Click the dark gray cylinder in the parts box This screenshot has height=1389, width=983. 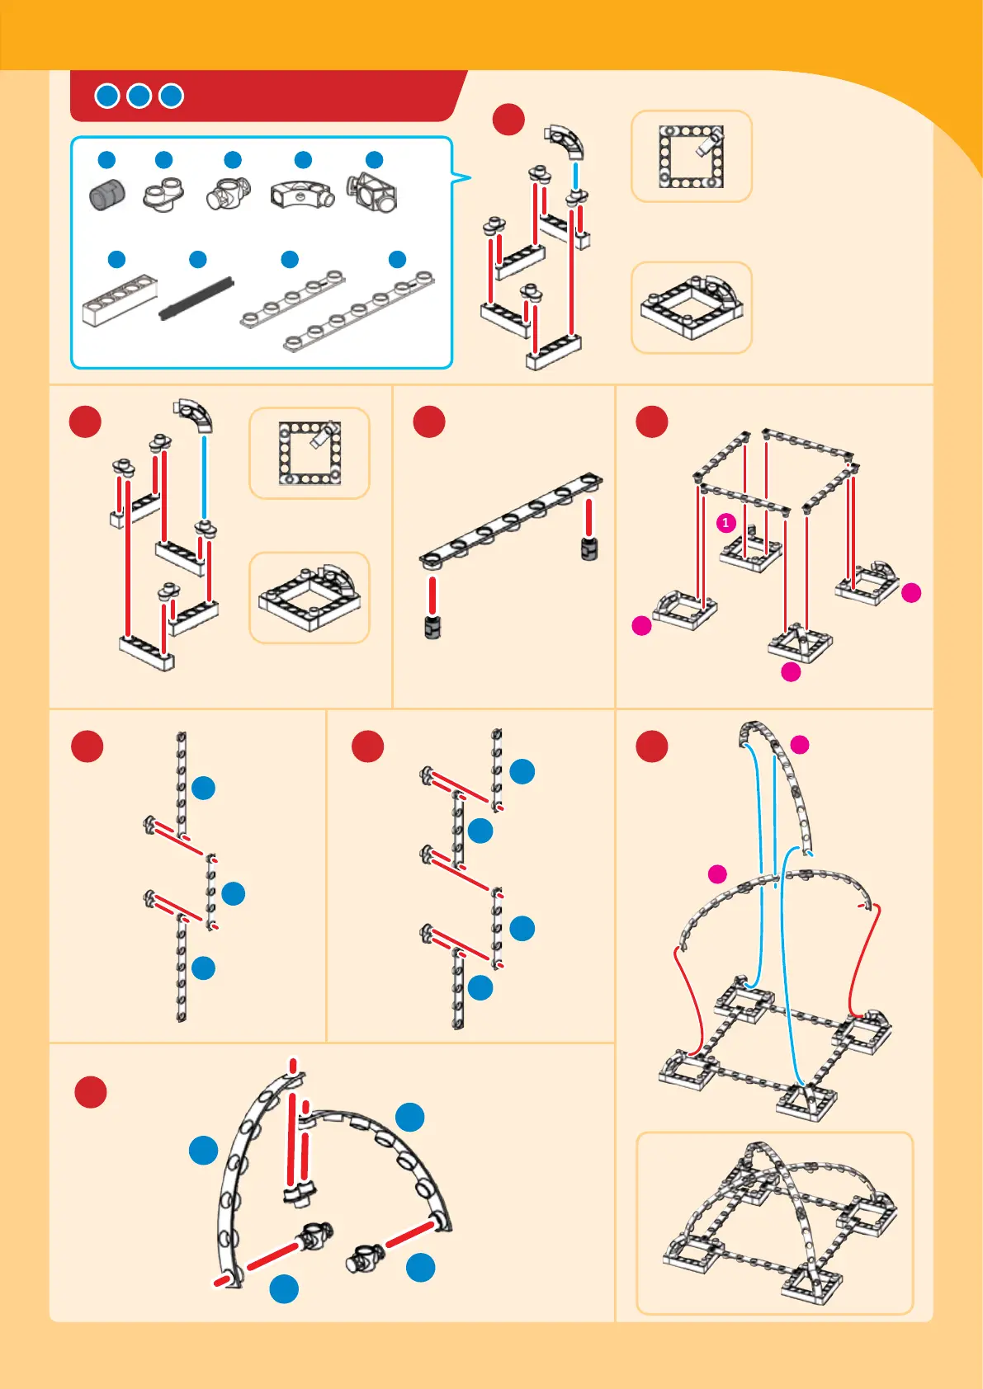point(106,195)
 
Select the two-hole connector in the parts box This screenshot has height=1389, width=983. point(163,195)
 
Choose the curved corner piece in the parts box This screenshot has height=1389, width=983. point(302,193)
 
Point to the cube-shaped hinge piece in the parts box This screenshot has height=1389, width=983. point(374,193)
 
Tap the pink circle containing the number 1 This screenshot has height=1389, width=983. point(725,523)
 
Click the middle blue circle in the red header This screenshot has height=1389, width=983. point(139,96)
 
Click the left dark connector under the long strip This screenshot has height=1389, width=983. point(432,627)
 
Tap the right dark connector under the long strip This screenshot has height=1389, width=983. point(589,549)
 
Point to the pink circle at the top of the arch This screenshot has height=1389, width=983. point(800,745)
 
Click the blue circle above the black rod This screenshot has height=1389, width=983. point(198,260)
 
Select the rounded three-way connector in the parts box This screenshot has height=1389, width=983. point(229,195)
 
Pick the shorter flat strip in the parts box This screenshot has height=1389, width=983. point(292,298)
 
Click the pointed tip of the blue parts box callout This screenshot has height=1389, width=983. point(470,177)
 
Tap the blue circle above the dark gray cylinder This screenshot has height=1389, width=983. point(106,159)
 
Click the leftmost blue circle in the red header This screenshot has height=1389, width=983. point(106,96)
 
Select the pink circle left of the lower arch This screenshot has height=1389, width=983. point(717,873)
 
